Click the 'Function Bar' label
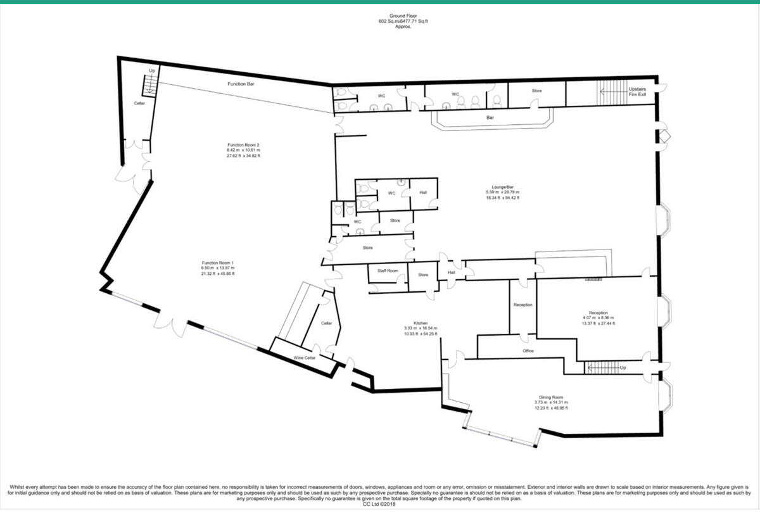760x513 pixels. coord(241,84)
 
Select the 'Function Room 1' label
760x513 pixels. coord(218,263)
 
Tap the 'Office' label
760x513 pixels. coord(528,351)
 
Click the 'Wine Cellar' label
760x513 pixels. coord(304,358)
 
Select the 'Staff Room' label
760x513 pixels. coord(388,270)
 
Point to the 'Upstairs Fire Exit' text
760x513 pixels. coord(637,92)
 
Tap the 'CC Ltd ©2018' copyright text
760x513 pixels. coord(380,505)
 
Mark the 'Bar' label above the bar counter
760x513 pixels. coord(490,118)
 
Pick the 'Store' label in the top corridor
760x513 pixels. coord(536,91)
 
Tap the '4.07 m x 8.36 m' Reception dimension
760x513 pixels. coord(598,318)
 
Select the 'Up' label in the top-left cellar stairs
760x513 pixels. coord(151,70)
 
